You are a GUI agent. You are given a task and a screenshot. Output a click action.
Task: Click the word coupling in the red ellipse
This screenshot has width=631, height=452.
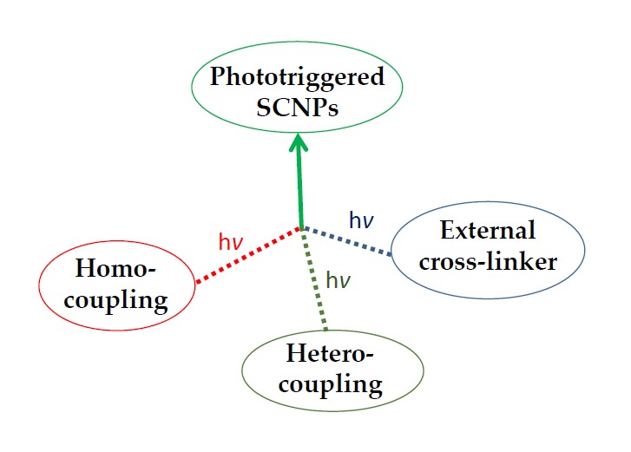pos(115,300)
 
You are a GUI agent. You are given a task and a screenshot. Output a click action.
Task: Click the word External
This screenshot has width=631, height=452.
pos(488,231)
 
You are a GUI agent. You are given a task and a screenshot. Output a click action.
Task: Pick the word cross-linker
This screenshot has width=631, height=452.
pos(488,261)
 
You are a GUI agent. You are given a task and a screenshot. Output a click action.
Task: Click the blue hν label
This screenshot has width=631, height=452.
pos(361,219)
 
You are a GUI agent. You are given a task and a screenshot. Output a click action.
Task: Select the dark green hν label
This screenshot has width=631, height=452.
pos(339,279)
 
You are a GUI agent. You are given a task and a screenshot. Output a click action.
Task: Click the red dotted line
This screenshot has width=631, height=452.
pos(247,256)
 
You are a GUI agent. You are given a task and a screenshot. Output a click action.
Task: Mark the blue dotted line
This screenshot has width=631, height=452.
pos(347,241)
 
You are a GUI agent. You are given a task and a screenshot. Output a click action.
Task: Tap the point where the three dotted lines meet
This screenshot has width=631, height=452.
pos(301,228)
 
